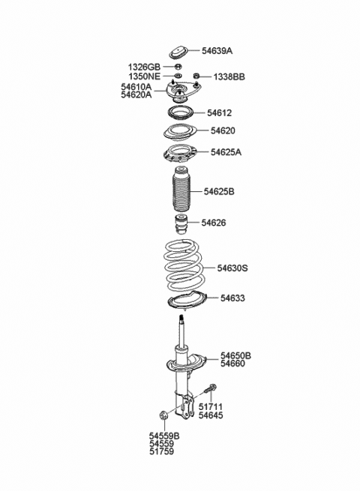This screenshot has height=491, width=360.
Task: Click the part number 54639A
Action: [x=217, y=51]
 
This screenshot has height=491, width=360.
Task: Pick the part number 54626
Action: [x=213, y=223]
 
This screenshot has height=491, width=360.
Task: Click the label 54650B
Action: [x=235, y=355]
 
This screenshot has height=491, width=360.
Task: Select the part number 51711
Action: [x=211, y=406]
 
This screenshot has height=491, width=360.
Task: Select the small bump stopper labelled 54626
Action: [x=180, y=224]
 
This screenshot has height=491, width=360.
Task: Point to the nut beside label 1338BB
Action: [x=197, y=76]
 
